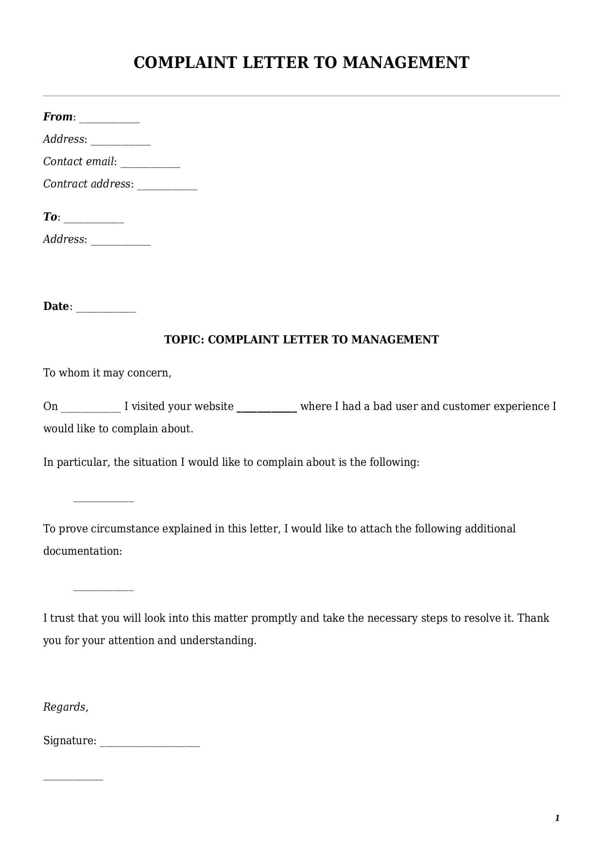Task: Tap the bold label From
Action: pos(57,117)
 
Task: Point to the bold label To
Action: pos(50,217)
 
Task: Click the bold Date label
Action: pos(56,307)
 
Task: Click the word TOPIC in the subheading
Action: pos(184,340)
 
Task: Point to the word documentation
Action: pos(82,551)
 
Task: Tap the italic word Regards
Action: pos(65,707)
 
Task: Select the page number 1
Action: pos(557,818)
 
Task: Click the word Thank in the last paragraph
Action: pos(533,618)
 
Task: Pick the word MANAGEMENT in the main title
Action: pos(406,63)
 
